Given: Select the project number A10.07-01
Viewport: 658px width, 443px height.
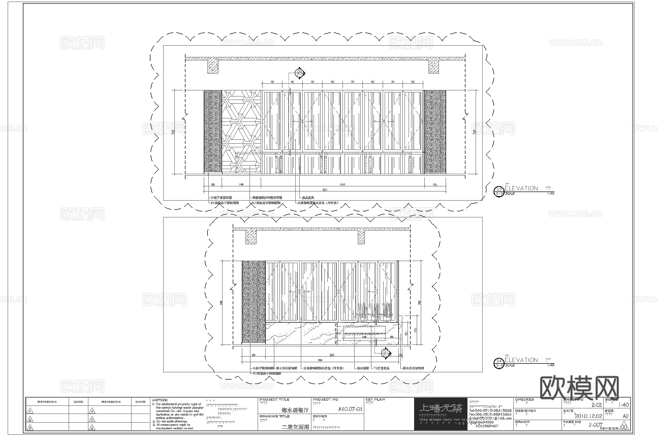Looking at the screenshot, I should pyautogui.click(x=350, y=408).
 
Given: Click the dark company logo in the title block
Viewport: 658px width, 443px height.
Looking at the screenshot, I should pyautogui.click(x=440, y=414).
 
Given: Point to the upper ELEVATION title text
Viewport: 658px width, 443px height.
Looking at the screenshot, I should pyautogui.click(x=521, y=188).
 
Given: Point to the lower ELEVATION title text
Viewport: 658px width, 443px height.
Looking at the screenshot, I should pyautogui.click(x=521, y=360).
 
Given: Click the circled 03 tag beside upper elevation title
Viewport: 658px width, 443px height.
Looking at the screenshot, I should pyautogui.click(x=499, y=191).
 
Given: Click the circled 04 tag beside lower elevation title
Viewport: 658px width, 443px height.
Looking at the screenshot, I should pyautogui.click(x=499, y=363).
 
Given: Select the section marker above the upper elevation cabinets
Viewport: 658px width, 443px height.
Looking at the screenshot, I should pyautogui.click(x=300, y=73).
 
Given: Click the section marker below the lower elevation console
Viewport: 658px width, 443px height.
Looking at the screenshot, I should pyautogui.click(x=386, y=353).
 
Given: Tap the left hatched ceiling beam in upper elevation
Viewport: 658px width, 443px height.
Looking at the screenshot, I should pyautogui.click(x=213, y=67).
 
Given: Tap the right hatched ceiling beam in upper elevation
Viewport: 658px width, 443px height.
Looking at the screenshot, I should pyautogui.click(x=433, y=67).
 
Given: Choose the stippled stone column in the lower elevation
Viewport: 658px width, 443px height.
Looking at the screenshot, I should pyautogui.click(x=254, y=303).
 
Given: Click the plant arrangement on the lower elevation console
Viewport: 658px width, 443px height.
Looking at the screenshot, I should pyautogui.click(x=375, y=312).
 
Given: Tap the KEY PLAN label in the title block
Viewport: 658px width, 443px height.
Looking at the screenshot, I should pyautogui.click(x=375, y=400).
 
